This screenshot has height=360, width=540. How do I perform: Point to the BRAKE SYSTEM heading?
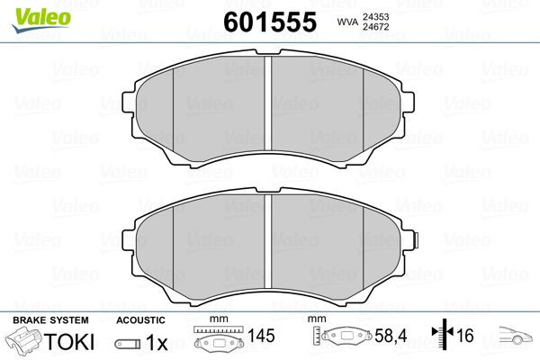(x=50, y=320)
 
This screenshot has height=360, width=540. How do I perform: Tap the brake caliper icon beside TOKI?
(x=25, y=342)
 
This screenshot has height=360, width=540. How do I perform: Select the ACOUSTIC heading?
(x=141, y=320)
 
